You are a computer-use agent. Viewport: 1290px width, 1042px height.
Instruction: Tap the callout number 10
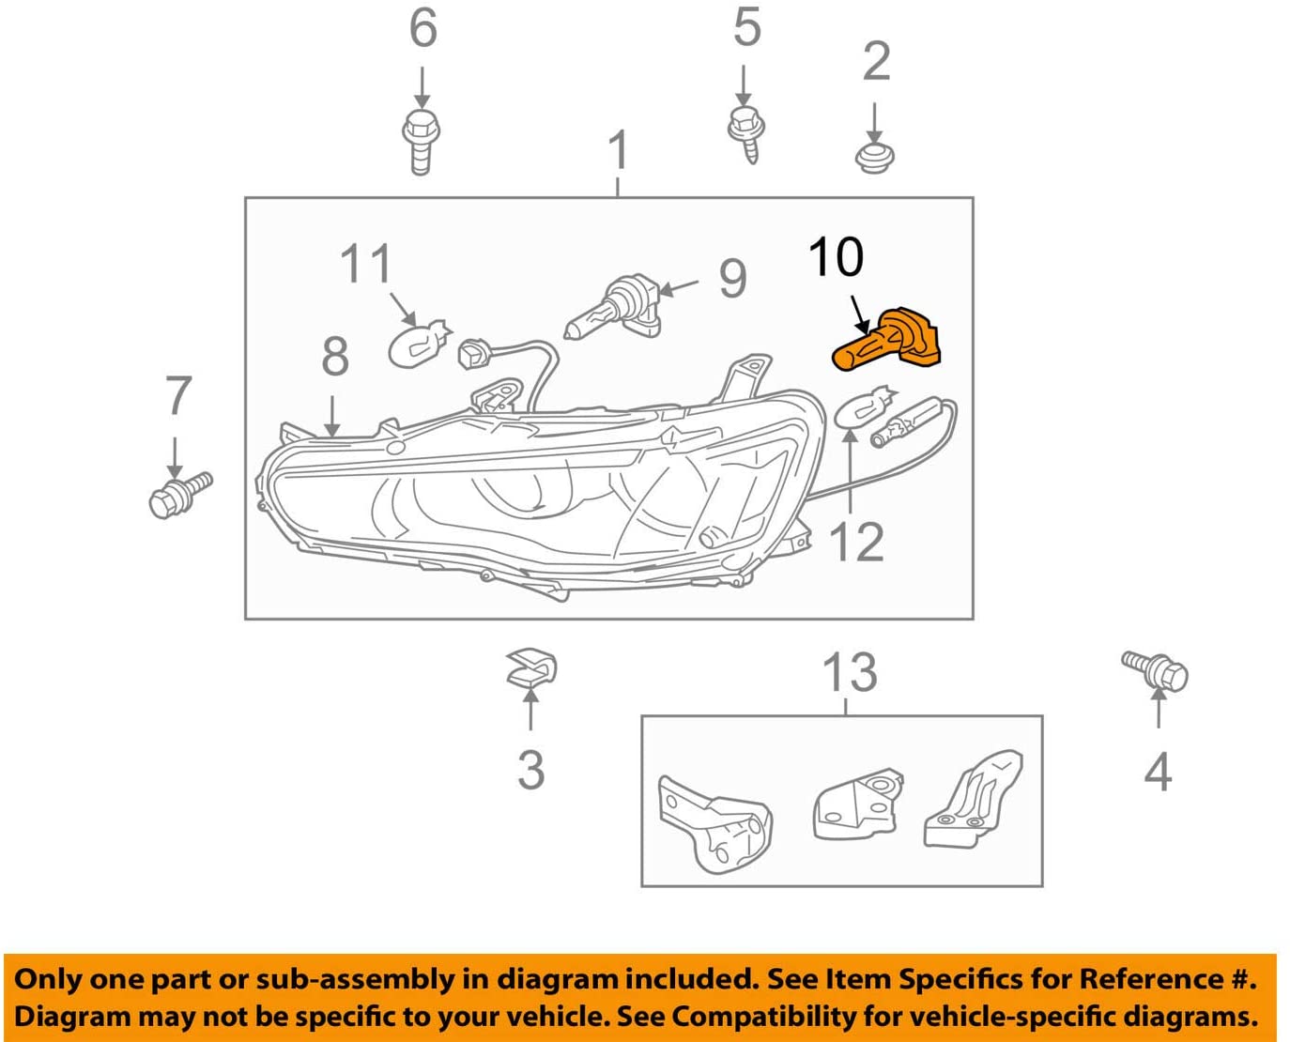pos(836,257)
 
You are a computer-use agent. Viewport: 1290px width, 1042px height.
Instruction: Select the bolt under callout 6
pos(421,142)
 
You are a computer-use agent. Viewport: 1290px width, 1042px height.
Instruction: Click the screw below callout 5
pos(746,132)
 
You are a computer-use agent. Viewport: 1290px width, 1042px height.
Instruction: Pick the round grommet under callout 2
pos(875,157)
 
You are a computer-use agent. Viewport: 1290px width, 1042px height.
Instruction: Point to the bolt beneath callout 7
pos(179,494)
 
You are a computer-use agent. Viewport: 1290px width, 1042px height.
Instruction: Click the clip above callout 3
pos(531,667)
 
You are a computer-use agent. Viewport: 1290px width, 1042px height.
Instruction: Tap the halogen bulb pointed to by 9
pos(613,308)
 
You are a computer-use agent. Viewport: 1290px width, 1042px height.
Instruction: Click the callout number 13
pos(850,672)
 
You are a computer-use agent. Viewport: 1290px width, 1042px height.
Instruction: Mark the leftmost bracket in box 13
pos(714,821)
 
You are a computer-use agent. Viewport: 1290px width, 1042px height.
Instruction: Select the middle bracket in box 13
pos(855,804)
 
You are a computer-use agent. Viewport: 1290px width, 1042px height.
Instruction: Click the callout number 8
pos(335,357)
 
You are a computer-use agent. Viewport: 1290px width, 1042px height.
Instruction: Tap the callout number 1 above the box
pos(617,149)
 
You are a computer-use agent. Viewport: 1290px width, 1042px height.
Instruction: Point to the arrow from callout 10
pos(858,313)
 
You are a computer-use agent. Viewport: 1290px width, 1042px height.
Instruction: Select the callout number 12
pos(856,543)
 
